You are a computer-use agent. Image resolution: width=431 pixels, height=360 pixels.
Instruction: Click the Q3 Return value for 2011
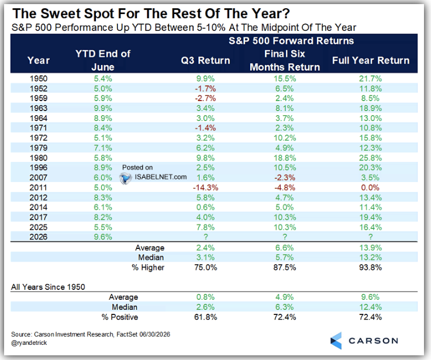pos(205,188)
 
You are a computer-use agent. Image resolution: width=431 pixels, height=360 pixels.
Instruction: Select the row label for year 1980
pos(39,158)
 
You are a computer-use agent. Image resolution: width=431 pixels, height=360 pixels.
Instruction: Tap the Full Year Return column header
pos(371,60)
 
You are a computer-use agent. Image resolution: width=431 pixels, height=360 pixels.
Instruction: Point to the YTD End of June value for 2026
pos(103,237)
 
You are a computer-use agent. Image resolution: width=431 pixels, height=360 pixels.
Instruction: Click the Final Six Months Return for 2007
pos(284,178)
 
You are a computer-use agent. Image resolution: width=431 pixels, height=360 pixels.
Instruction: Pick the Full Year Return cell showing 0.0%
pos(370,188)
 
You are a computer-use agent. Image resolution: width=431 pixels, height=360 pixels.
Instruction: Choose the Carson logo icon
pos(336,341)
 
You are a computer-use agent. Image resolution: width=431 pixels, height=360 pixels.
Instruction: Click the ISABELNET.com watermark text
pos(160,177)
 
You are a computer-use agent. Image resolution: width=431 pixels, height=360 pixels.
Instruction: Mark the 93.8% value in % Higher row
pos(370,268)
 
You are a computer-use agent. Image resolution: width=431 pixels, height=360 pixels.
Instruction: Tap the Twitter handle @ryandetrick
pos(29,342)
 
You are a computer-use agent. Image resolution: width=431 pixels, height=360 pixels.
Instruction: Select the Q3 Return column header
pos(205,60)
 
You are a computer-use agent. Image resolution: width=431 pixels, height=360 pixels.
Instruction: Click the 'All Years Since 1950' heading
pos(48,287)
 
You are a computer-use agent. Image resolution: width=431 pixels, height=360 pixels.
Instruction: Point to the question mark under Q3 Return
pos(205,237)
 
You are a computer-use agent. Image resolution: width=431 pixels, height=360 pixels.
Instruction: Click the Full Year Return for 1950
pos(370,79)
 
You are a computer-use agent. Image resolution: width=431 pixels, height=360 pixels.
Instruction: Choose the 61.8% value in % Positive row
pos(205,317)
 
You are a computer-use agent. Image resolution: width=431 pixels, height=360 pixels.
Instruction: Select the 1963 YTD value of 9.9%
pos(103,108)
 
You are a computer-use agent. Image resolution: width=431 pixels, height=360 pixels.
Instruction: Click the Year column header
pos(39,60)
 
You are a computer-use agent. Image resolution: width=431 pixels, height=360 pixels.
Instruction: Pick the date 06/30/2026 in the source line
pos(155,334)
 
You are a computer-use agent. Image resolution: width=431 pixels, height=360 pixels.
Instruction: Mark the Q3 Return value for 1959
pos(205,98)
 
